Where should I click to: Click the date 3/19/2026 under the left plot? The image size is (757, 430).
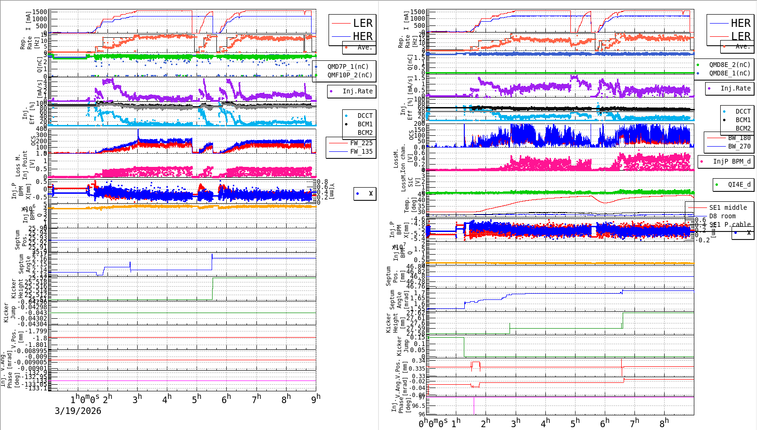pyautogui.click(x=78, y=411)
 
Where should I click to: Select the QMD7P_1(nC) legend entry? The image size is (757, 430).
pyautogui.click(x=348, y=67)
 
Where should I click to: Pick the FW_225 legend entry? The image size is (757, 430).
pyautogui.click(x=361, y=143)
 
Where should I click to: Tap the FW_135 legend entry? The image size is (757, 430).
pyautogui.click(x=361, y=151)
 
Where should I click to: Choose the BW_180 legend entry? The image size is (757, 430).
pyautogui.click(x=739, y=138)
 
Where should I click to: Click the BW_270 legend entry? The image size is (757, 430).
pyautogui.click(x=739, y=146)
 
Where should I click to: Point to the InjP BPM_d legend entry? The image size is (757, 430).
pyautogui.click(x=732, y=161)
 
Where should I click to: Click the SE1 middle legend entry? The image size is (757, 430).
pyautogui.click(x=728, y=207)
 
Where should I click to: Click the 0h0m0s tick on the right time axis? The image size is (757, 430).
pyautogui.click(x=433, y=423)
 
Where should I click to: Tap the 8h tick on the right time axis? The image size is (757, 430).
pyautogui.click(x=664, y=423)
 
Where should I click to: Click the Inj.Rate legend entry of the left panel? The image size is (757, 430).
pyautogui.click(x=357, y=91)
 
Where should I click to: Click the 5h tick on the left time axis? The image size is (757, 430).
pyautogui.click(x=197, y=399)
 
